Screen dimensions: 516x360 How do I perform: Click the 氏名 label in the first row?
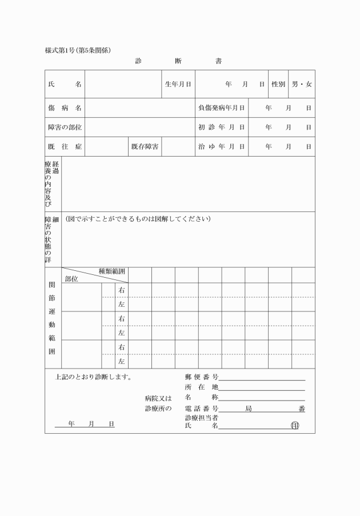pos(65,84)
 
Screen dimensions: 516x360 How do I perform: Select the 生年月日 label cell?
pos(178,84)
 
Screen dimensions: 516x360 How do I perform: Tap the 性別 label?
pos(278,84)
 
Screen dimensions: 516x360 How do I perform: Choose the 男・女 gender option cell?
pos(302,84)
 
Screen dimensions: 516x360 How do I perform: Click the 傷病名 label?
pos(65,107)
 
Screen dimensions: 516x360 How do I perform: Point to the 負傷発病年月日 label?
pos(221,107)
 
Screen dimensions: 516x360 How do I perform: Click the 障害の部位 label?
pos(65,127)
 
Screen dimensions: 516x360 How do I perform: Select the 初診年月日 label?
pos(221,127)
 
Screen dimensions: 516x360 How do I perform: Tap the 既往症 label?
pos(65,146)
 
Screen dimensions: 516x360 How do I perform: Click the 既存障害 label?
pos(145,146)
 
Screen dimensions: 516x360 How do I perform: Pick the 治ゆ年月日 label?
pos(221,146)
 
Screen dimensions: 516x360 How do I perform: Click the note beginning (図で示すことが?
pos(138,219)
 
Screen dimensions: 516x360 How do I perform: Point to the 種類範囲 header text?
pos(111,271)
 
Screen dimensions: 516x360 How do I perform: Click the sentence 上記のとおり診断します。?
pos(94,377)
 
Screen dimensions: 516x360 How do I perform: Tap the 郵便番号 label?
pos(202,377)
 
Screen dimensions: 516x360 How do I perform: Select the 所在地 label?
pos(202,387)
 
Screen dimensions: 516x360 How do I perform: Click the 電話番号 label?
pos(202,409)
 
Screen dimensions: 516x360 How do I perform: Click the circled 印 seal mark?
pos(295,425)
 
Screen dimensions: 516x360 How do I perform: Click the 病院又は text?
pos(158,398)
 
